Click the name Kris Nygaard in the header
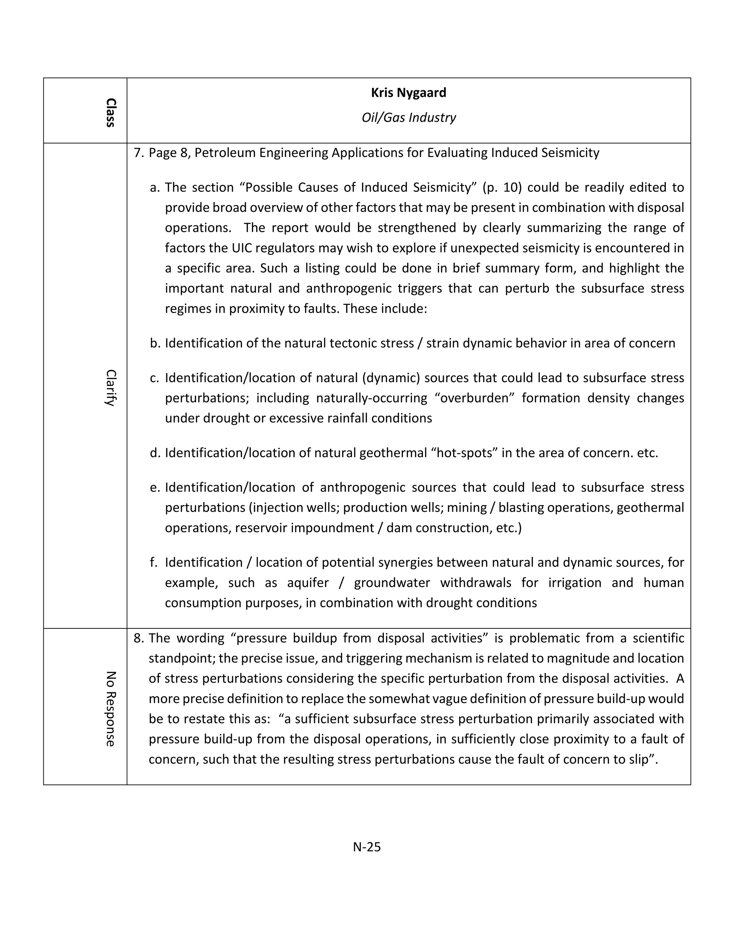coord(408,92)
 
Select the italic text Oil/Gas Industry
coord(408,118)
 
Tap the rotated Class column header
coord(110,112)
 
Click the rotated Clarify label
coord(110,388)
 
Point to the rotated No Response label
coord(110,709)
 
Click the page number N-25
coord(367,847)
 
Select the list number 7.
coord(138,153)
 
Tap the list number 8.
coord(138,638)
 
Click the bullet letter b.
coord(155,343)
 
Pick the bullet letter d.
coord(155,453)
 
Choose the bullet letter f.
coord(153,562)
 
